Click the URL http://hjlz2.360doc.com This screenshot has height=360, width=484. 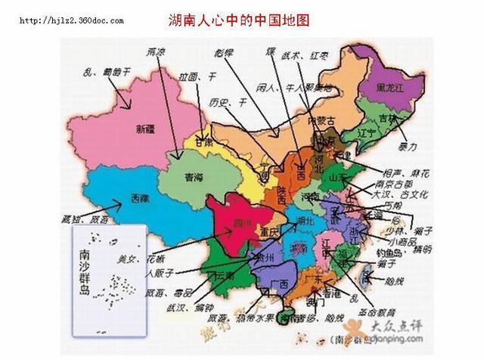point(71,20)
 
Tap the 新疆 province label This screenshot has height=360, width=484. point(145,128)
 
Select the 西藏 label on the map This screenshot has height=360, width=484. point(139,197)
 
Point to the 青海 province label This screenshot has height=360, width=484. point(194,178)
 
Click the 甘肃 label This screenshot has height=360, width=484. point(203,141)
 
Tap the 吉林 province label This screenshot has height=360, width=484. point(387,119)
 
